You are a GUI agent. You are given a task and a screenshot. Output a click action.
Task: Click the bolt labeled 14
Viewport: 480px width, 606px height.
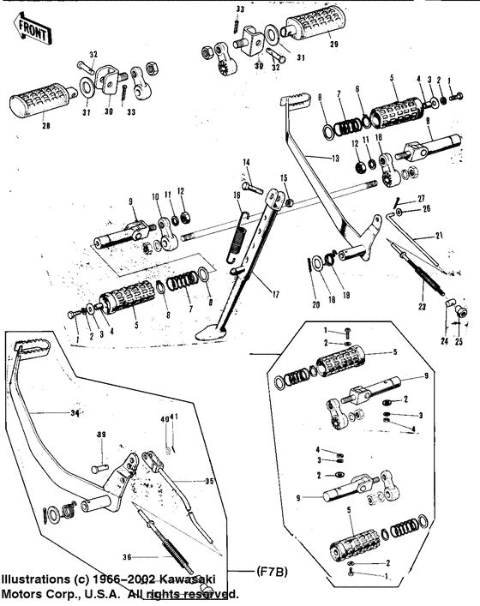coord(246,162)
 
